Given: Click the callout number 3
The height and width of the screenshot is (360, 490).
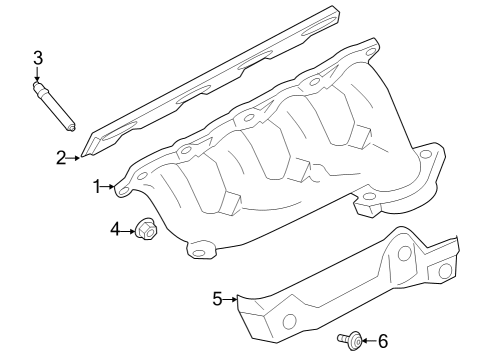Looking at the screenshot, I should pos(38,58).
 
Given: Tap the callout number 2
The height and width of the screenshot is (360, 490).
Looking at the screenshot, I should pos(61,157).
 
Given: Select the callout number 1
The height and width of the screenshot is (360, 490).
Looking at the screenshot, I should pos(98,186).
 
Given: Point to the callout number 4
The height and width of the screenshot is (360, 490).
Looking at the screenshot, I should pos(115,230).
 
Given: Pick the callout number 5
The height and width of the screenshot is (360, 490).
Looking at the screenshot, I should pos(216,298).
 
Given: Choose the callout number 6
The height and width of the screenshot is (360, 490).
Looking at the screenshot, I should pos(381,342).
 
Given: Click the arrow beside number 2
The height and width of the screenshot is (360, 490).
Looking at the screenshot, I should pos(74,157).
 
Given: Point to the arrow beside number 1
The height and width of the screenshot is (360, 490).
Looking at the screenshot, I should pos(110,186).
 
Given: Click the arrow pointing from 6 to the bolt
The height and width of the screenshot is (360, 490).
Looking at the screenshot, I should pos(368,342).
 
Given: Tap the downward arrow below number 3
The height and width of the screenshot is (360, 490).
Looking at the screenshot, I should pos(38,76).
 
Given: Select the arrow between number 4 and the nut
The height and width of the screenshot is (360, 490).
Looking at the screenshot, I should pos(127,230).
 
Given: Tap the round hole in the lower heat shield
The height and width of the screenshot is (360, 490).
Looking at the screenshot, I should pos(290,321).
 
